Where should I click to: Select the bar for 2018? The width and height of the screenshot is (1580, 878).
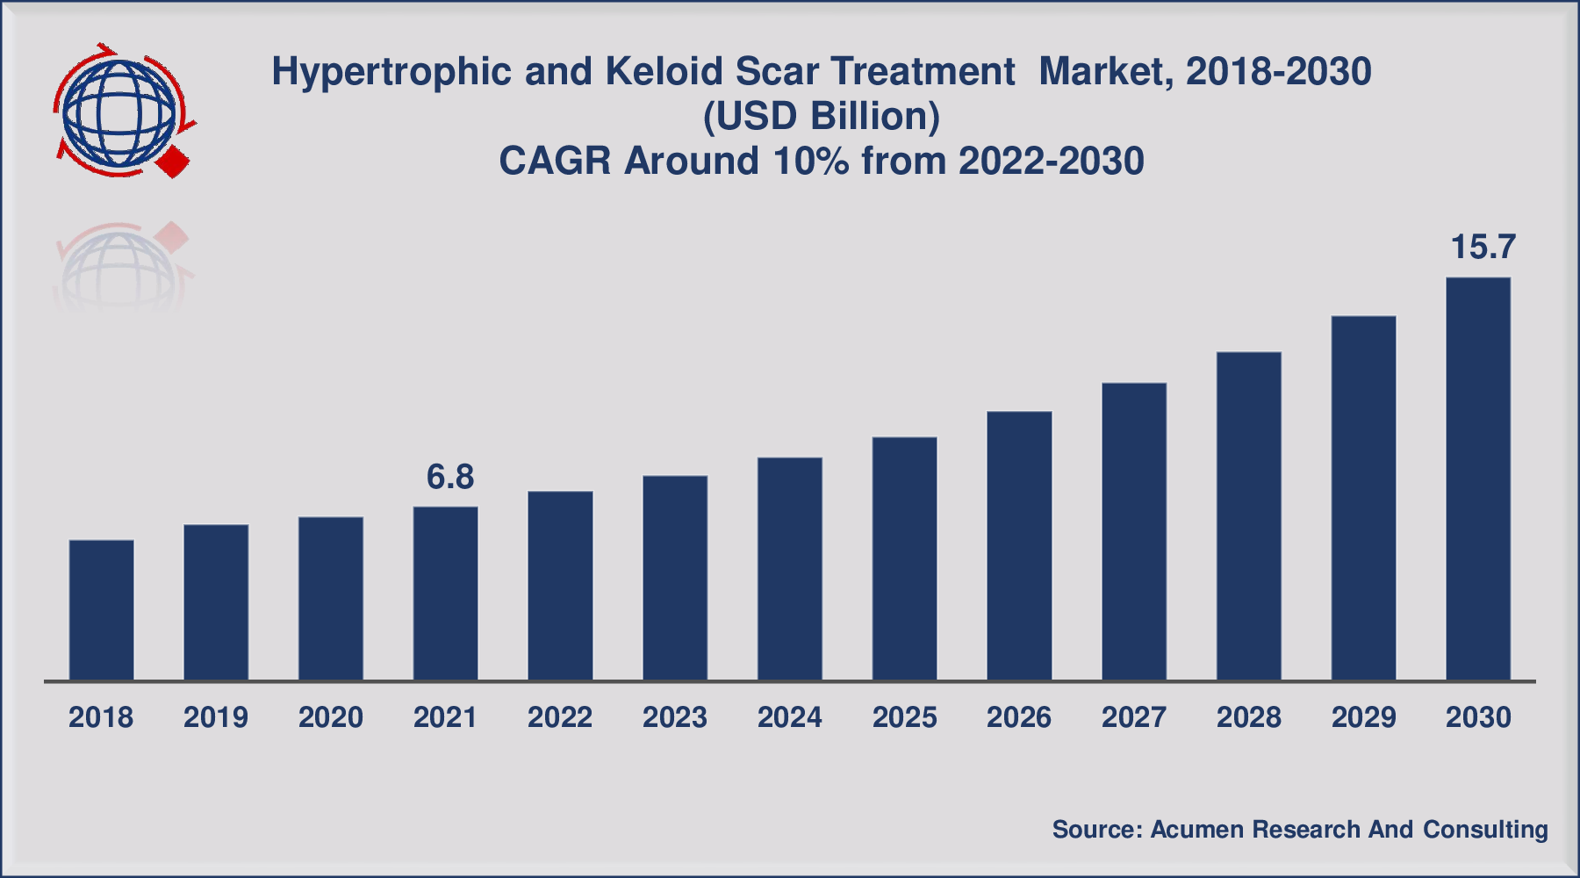pos(102,610)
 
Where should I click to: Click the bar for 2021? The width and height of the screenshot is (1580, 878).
pos(446,594)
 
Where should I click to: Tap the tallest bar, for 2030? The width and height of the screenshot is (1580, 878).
pos(1478,479)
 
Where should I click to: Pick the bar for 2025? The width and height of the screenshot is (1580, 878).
pos(905,558)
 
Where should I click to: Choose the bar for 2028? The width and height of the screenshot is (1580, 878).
pos(1249,516)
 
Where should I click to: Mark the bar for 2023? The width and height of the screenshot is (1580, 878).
pos(675,578)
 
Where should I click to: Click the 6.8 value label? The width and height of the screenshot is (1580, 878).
pos(450,477)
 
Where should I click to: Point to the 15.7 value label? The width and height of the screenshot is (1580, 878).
pos(1483,247)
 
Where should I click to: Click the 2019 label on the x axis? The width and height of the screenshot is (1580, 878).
pos(216,717)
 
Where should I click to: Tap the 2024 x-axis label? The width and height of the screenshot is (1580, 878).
pos(790,717)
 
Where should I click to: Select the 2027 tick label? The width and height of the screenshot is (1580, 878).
pos(1134,717)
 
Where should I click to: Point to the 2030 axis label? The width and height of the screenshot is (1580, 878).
pos(1478,717)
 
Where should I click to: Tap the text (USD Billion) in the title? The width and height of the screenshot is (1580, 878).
pos(822,117)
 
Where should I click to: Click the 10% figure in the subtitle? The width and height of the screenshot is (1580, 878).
pos(810,162)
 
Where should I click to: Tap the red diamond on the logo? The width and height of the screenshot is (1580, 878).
pos(174,162)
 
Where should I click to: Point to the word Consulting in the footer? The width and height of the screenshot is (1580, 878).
pos(1485,830)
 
